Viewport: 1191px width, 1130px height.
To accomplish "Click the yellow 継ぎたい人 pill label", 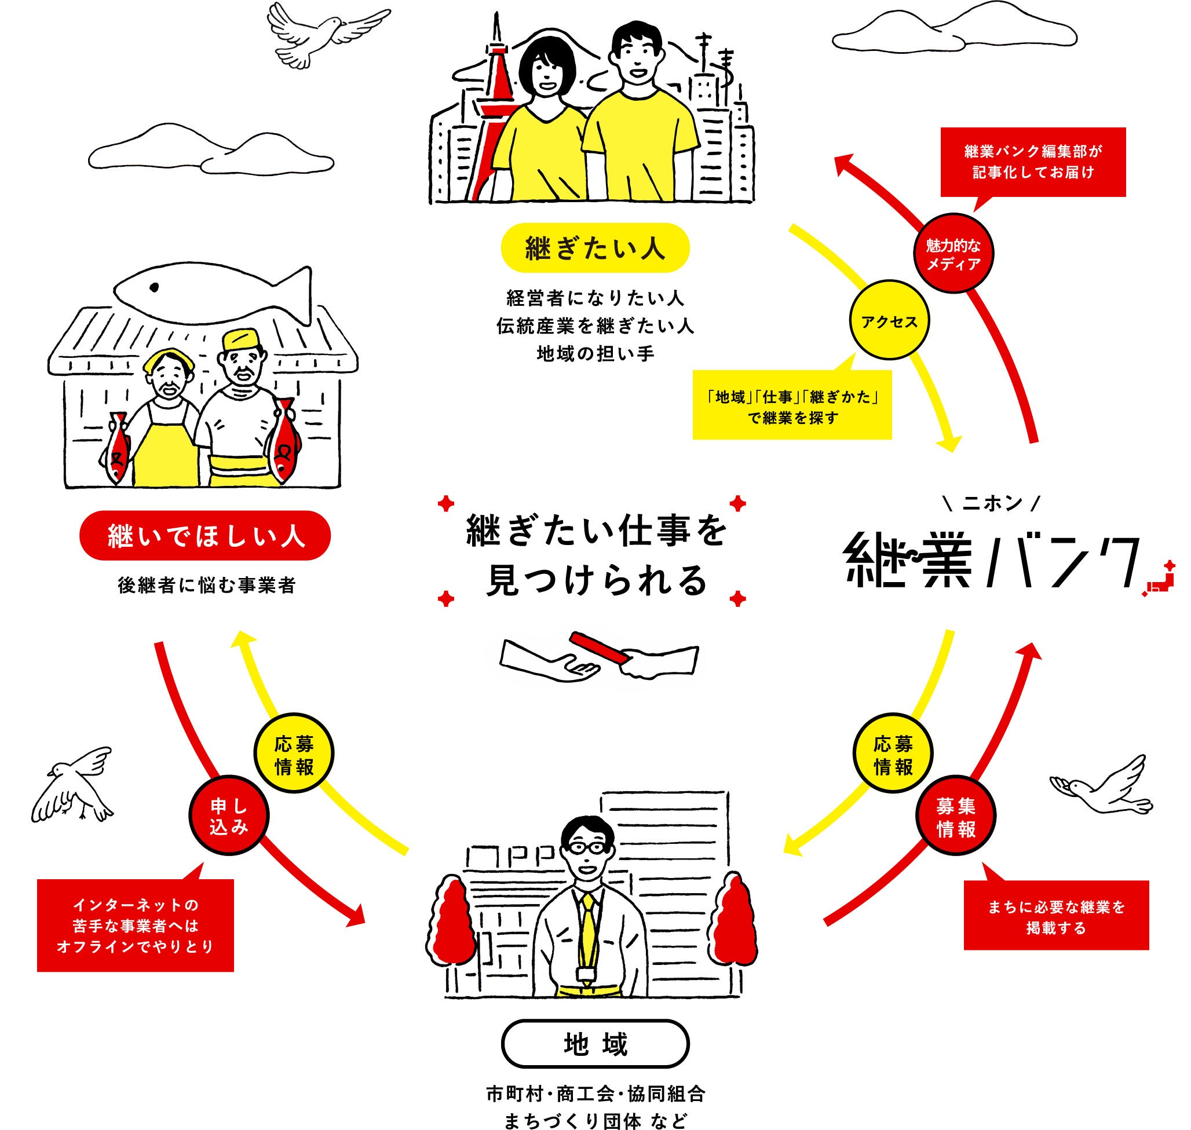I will [594, 247].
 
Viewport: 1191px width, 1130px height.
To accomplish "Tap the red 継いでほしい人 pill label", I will [205, 536].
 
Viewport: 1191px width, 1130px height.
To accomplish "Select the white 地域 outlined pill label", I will [594, 1044].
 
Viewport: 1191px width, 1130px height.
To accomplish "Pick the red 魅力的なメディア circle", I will [953, 254].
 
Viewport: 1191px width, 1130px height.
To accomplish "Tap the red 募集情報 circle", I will [956, 817].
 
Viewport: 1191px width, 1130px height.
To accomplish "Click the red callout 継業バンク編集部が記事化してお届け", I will [1032, 162].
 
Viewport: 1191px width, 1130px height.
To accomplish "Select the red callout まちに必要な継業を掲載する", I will [1055, 916].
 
